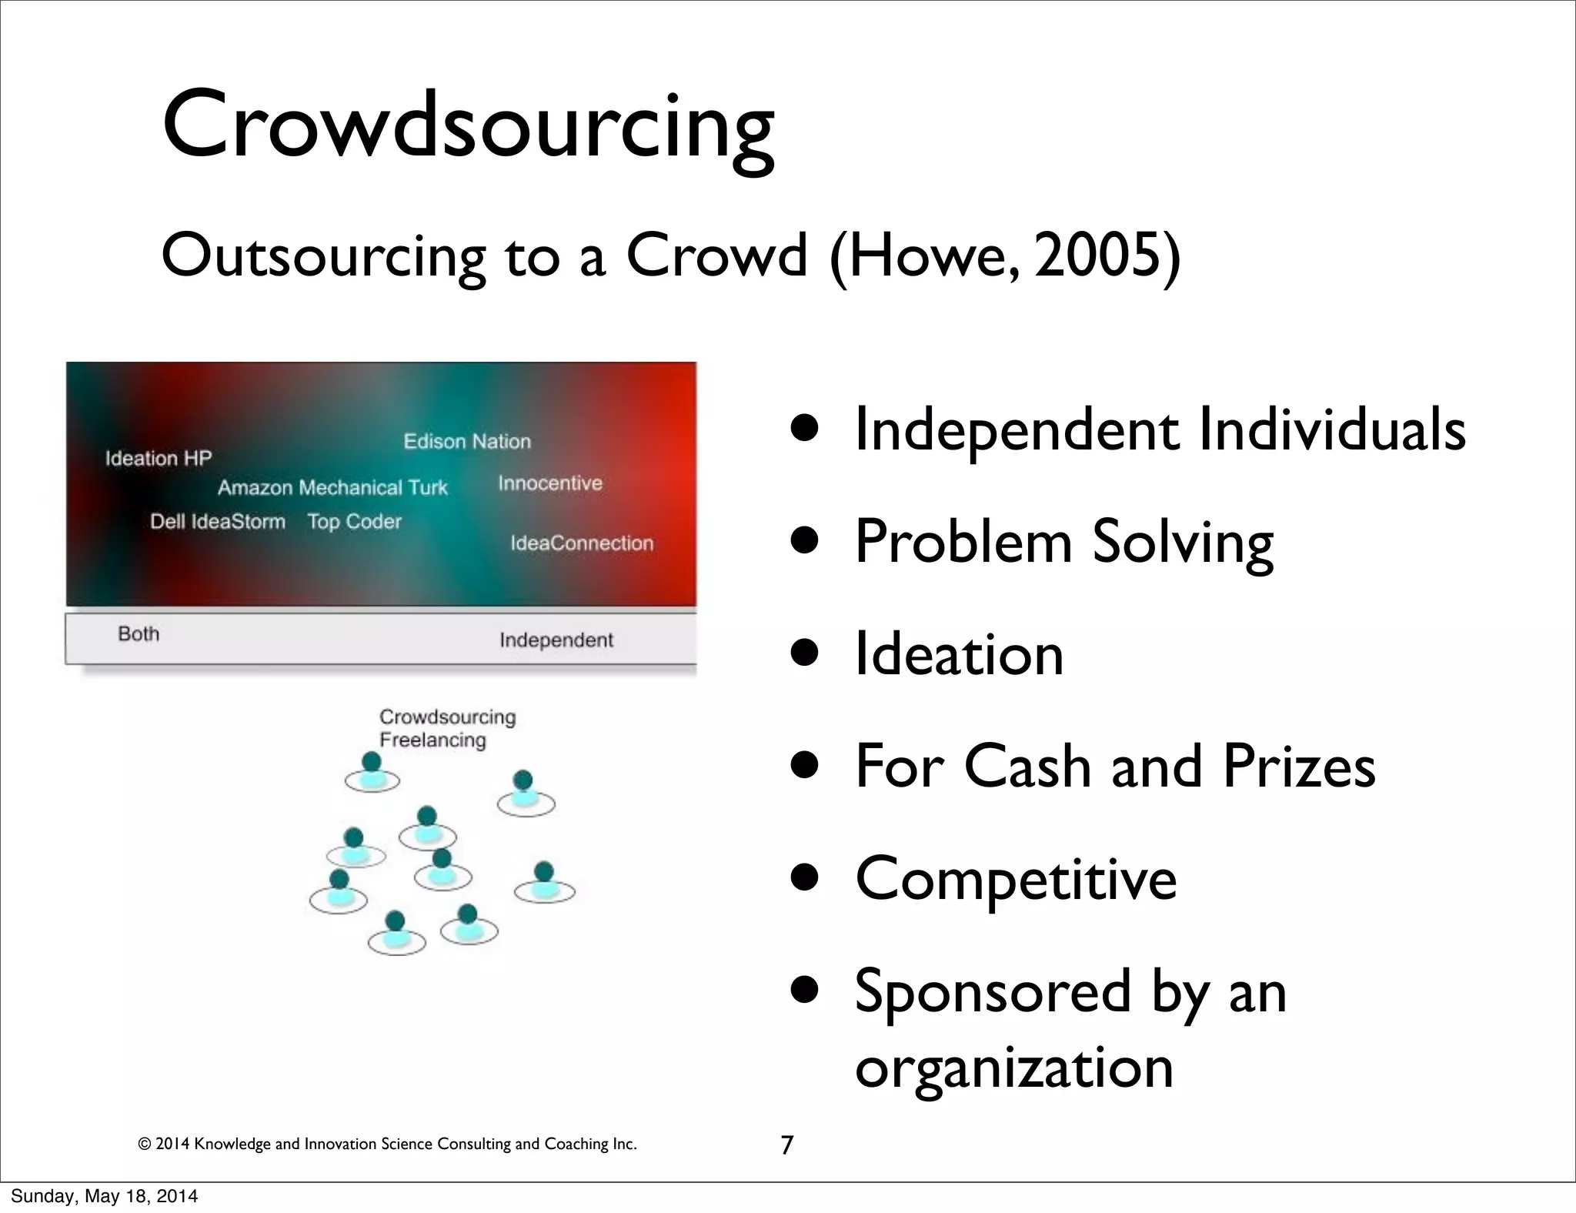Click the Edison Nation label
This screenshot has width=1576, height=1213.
click(467, 442)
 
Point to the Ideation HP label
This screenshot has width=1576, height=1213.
click(159, 459)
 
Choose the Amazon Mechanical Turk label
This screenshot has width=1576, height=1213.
click(332, 488)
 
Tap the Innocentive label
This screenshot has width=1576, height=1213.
click(550, 483)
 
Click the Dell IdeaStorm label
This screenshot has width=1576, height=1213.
click(218, 522)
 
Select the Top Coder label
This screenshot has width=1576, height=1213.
click(355, 522)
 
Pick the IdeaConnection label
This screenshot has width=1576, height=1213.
click(582, 543)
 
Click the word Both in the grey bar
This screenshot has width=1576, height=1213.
click(139, 634)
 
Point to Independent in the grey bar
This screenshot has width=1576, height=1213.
click(556, 640)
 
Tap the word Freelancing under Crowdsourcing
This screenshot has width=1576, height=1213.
click(432, 740)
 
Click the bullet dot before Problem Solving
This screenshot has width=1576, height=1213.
click(806, 542)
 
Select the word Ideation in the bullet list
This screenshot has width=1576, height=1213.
click(959, 654)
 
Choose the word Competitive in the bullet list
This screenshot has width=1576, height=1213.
click(1016, 879)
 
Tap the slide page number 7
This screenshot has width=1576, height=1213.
click(786, 1145)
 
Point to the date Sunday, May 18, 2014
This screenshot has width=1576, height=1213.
click(104, 1196)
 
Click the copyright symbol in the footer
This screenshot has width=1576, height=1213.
click(143, 1144)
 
